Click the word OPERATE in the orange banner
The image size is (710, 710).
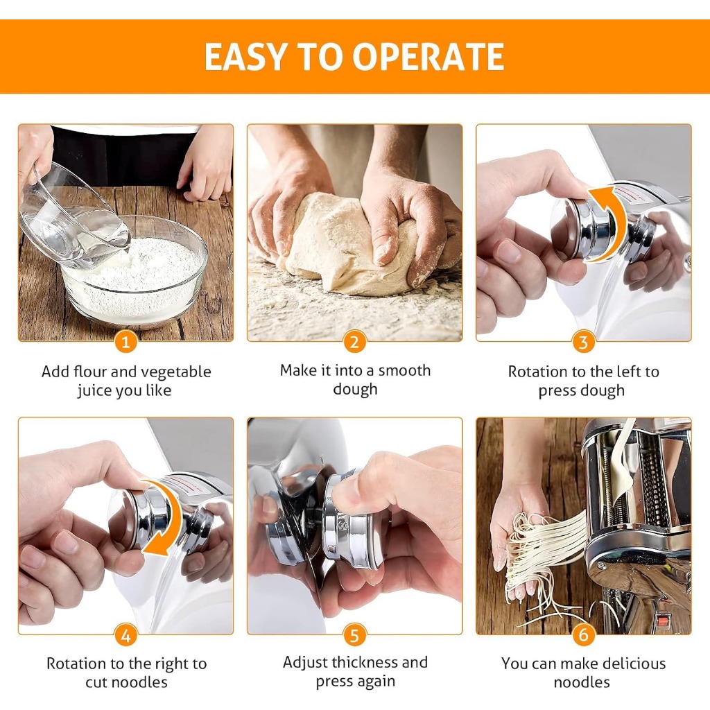428,57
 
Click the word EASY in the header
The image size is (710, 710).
245,57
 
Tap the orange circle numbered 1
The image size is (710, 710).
126,342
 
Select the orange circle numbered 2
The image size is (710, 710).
354,342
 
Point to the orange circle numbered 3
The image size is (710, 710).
584,342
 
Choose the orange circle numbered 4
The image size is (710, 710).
126,635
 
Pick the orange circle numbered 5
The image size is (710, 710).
354,635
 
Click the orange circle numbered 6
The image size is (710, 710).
584,635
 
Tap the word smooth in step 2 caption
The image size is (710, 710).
404,370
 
